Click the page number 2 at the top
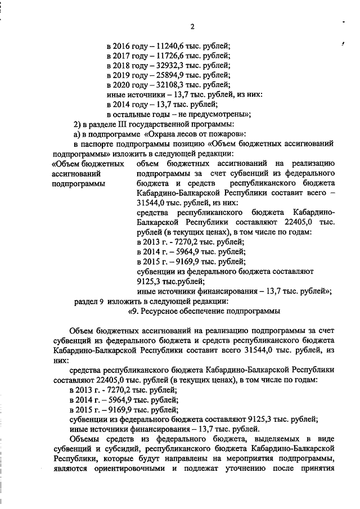pos(192,27)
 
